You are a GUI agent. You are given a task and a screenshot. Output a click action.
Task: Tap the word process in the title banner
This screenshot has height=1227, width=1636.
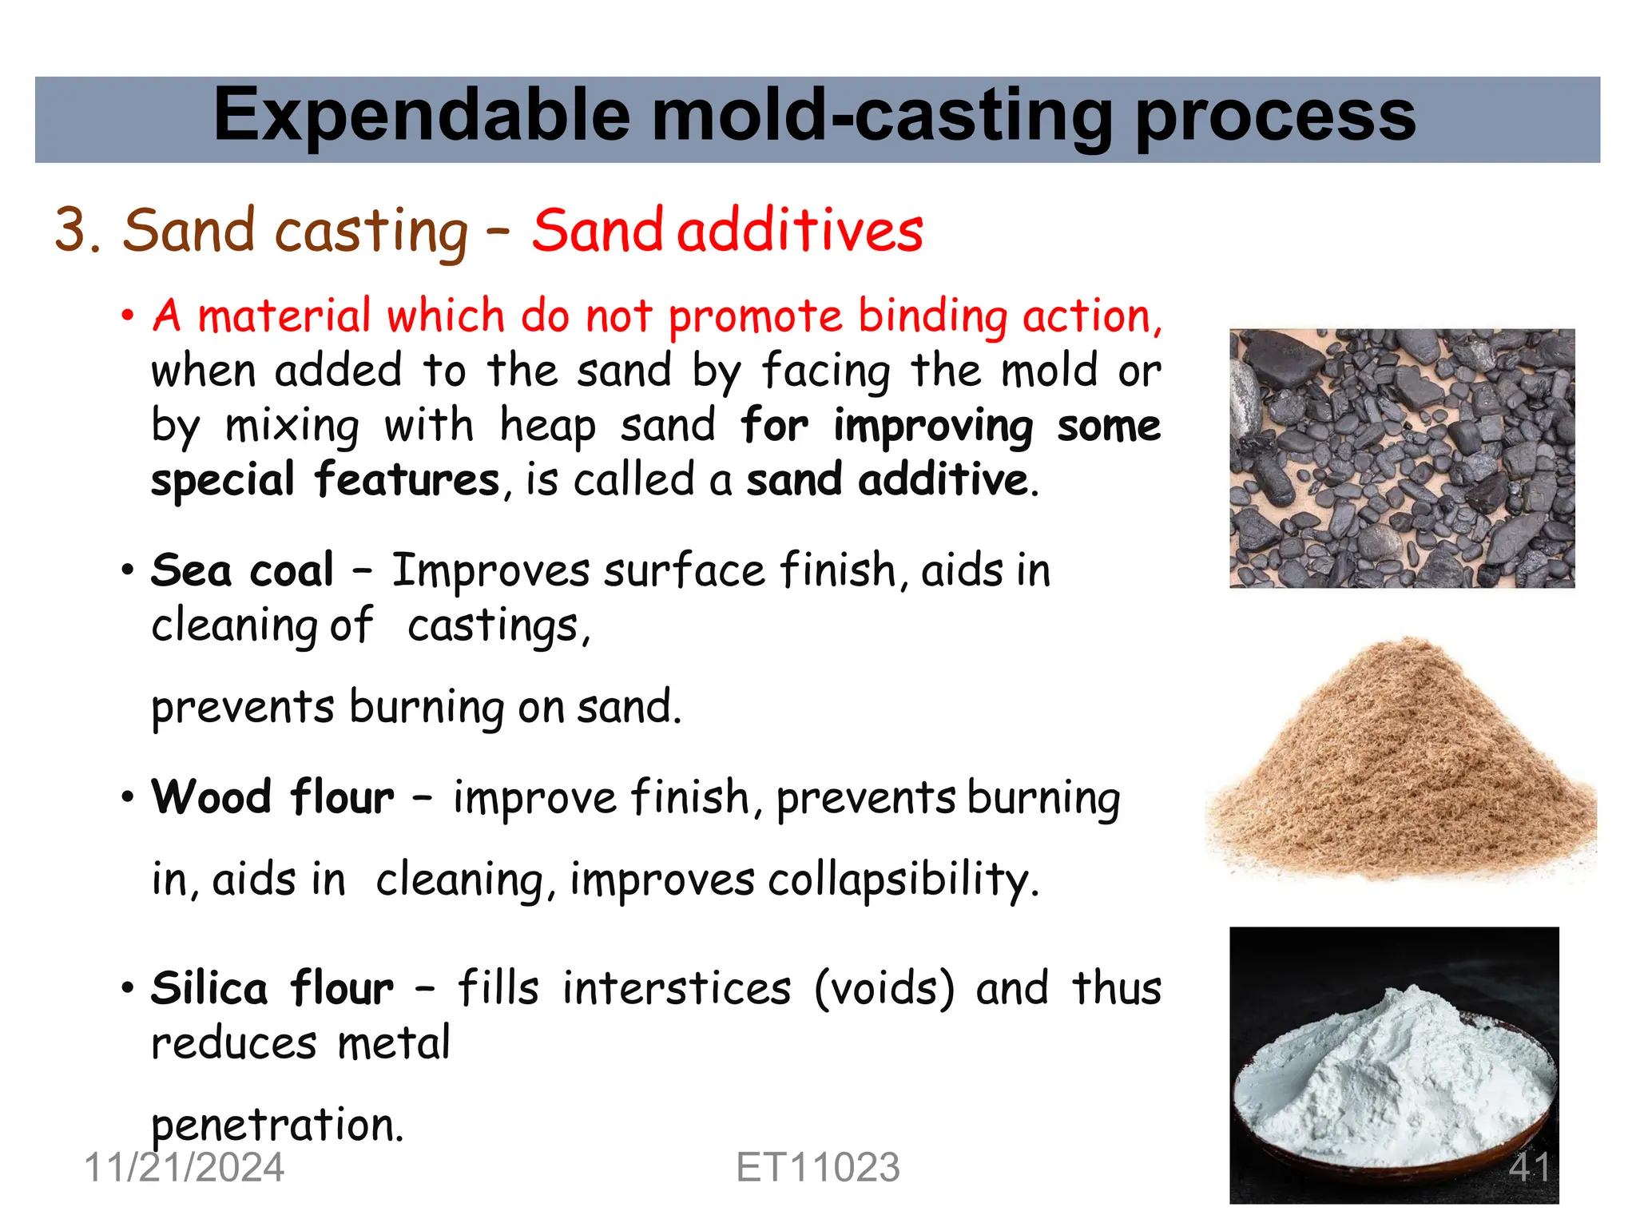click(1275, 117)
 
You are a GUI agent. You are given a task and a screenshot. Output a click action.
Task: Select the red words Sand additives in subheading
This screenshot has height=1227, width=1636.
click(727, 231)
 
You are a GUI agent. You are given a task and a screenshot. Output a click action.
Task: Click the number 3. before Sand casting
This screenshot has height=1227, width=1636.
click(77, 231)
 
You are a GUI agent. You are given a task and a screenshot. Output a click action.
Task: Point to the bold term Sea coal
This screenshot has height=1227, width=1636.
click(242, 570)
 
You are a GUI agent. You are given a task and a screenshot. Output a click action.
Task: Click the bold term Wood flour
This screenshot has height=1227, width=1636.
click(272, 797)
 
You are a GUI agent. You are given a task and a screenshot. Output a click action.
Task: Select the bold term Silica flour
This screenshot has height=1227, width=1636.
click(272, 988)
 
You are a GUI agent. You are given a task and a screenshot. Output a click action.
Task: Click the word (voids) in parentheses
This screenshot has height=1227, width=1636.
click(884, 988)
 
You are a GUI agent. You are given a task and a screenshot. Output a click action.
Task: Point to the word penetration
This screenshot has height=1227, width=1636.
click(277, 1125)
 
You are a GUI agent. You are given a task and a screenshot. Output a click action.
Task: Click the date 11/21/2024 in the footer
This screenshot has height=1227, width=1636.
click(184, 1167)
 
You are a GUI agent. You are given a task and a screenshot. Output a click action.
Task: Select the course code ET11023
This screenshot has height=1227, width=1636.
click(817, 1167)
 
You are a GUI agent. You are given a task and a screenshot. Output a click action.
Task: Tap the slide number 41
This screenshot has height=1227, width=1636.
click(1529, 1167)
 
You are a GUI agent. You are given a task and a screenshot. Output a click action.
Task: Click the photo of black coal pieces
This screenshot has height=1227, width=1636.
click(1401, 458)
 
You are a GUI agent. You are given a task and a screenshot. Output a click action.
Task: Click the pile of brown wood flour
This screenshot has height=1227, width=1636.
click(1401, 767)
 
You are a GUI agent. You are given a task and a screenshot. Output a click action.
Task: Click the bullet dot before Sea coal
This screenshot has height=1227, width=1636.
click(128, 571)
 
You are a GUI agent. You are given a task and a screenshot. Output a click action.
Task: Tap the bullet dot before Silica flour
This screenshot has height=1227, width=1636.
click(128, 989)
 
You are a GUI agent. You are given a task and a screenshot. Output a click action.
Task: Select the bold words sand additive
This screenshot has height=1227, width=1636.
click(887, 480)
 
